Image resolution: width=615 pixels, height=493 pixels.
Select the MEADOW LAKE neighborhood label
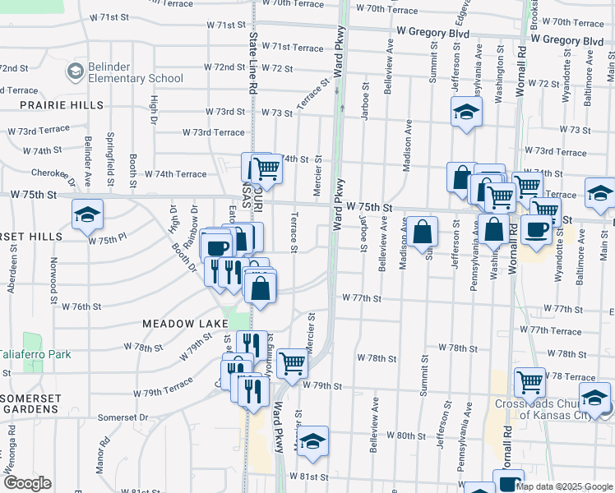click(x=184, y=324)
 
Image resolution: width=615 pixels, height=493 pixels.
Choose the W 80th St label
click(x=406, y=435)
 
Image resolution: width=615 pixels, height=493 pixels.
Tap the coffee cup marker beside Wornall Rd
click(x=536, y=230)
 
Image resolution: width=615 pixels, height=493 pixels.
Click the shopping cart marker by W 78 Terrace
click(x=529, y=381)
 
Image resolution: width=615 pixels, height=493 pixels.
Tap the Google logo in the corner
click(x=27, y=483)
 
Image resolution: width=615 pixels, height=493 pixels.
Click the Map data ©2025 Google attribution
click(x=564, y=486)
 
